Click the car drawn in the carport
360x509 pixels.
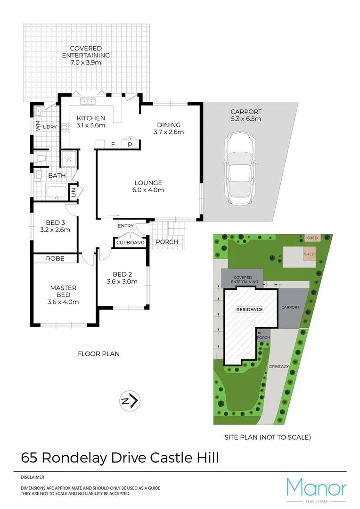(241, 168)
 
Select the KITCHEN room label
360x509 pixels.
(91, 118)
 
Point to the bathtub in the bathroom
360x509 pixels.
(56, 192)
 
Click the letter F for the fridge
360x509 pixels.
(113, 145)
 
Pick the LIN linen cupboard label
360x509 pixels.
(74, 192)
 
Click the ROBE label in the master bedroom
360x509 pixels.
(55, 258)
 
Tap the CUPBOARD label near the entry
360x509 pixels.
(131, 243)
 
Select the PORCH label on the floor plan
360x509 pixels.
(167, 242)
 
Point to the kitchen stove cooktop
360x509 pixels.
(65, 127)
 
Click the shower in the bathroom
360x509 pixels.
(70, 159)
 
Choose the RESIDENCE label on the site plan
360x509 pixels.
(250, 309)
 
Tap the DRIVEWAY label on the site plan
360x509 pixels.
(278, 366)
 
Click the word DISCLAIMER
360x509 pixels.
(33, 477)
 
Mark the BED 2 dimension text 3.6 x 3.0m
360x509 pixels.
(122, 282)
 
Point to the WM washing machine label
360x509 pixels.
(38, 126)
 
